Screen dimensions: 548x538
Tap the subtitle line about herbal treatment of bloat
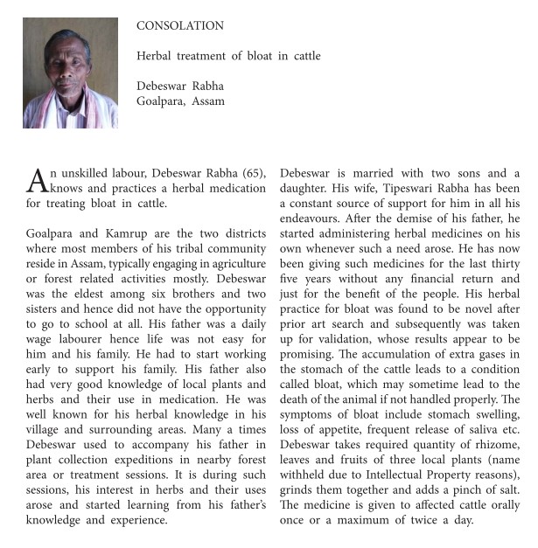click(x=228, y=56)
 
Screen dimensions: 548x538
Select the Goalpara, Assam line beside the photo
click(x=180, y=101)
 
